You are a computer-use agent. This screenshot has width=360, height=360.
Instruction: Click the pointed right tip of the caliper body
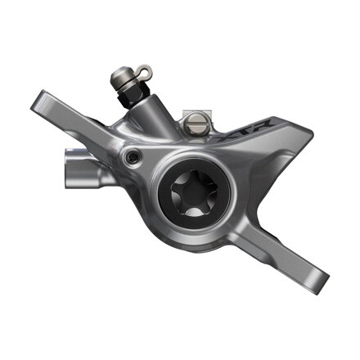pyautogui.click(x=312, y=132)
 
